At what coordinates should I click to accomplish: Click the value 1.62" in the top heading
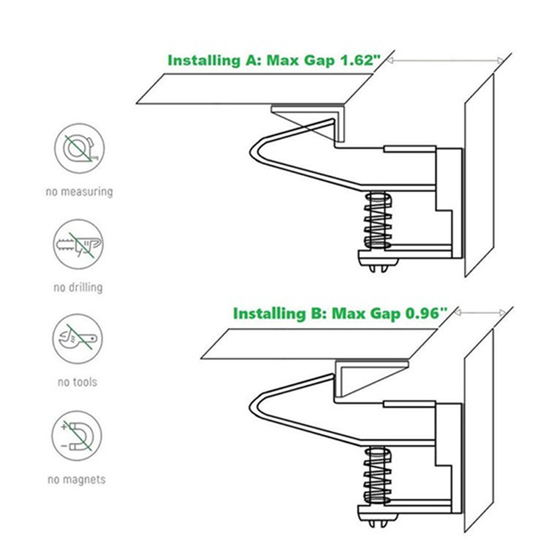[360, 60]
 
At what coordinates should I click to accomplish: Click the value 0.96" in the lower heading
[426, 313]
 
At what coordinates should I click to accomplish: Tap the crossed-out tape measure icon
[79, 148]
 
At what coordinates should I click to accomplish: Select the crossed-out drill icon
[78, 244]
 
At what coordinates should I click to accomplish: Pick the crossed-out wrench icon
[78, 339]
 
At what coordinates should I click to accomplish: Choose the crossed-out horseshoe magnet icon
[77, 436]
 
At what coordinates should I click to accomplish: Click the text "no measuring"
[79, 192]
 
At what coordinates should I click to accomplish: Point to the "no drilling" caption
[78, 287]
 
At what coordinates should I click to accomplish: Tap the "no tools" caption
[78, 382]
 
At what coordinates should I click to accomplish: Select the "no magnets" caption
[76, 479]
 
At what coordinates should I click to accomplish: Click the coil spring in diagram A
[378, 221]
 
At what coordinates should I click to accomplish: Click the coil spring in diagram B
[378, 475]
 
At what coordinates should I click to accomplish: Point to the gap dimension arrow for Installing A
[445, 60]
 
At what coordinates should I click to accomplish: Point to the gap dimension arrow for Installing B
[480, 313]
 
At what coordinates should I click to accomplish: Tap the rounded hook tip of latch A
[251, 151]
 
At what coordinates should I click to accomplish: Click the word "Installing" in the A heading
[204, 61]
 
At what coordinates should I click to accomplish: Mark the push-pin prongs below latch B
[378, 523]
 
